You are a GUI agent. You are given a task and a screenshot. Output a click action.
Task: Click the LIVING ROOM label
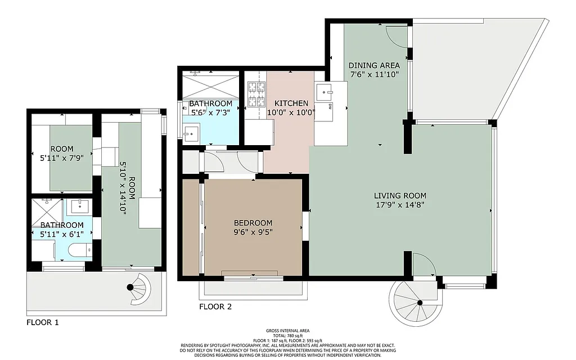click(x=400, y=196)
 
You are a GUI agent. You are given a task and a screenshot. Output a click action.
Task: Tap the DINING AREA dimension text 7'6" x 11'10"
click(x=375, y=74)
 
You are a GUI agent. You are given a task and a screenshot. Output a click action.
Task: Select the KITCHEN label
click(x=291, y=103)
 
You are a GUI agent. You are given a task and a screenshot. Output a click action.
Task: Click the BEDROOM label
click(x=253, y=223)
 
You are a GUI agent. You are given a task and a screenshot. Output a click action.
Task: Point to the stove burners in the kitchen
click(x=256, y=94)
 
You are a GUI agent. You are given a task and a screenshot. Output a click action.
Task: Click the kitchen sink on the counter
click(x=324, y=92)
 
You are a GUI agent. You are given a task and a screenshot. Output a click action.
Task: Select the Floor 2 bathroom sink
click(x=191, y=133)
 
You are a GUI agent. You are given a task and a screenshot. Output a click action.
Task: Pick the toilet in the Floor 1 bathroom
click(x=79, y=250)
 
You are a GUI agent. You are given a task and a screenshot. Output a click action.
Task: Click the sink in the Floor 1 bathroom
click(x=79, y=207)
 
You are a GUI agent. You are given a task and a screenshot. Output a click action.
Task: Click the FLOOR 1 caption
click(x=43, y=323)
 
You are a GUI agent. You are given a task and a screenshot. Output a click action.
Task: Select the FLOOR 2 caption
click(x=215, y=307)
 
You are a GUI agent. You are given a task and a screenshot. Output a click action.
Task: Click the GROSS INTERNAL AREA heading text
click(x=287, y=331)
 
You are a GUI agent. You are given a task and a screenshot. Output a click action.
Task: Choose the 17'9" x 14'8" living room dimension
click(x=400, y=205)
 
